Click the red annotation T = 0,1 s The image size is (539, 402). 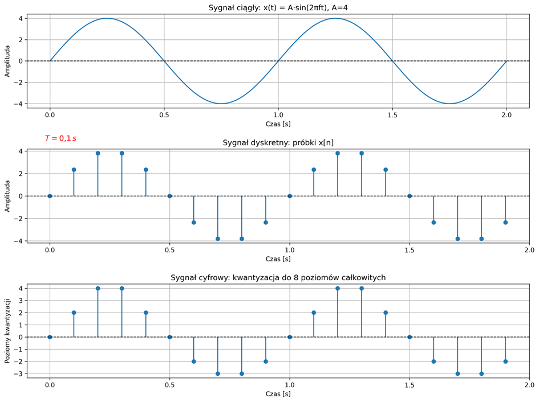60,138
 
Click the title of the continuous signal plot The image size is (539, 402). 278,7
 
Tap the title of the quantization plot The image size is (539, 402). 278,277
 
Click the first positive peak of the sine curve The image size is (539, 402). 107,18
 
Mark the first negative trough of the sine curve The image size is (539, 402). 221,104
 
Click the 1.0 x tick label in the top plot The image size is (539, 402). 278,114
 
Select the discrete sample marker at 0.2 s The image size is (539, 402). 98,153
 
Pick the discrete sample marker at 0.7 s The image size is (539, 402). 218,239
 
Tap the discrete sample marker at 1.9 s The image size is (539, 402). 505,222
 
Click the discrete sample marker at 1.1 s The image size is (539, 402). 314,170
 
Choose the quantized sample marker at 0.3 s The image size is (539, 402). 122,288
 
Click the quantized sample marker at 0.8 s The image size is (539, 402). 242,374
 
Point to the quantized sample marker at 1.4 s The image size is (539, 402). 386,313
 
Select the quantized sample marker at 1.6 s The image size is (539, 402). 433,361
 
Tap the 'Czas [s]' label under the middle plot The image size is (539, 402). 278,259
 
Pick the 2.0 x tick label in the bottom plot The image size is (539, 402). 529,384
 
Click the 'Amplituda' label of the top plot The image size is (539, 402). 7,61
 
